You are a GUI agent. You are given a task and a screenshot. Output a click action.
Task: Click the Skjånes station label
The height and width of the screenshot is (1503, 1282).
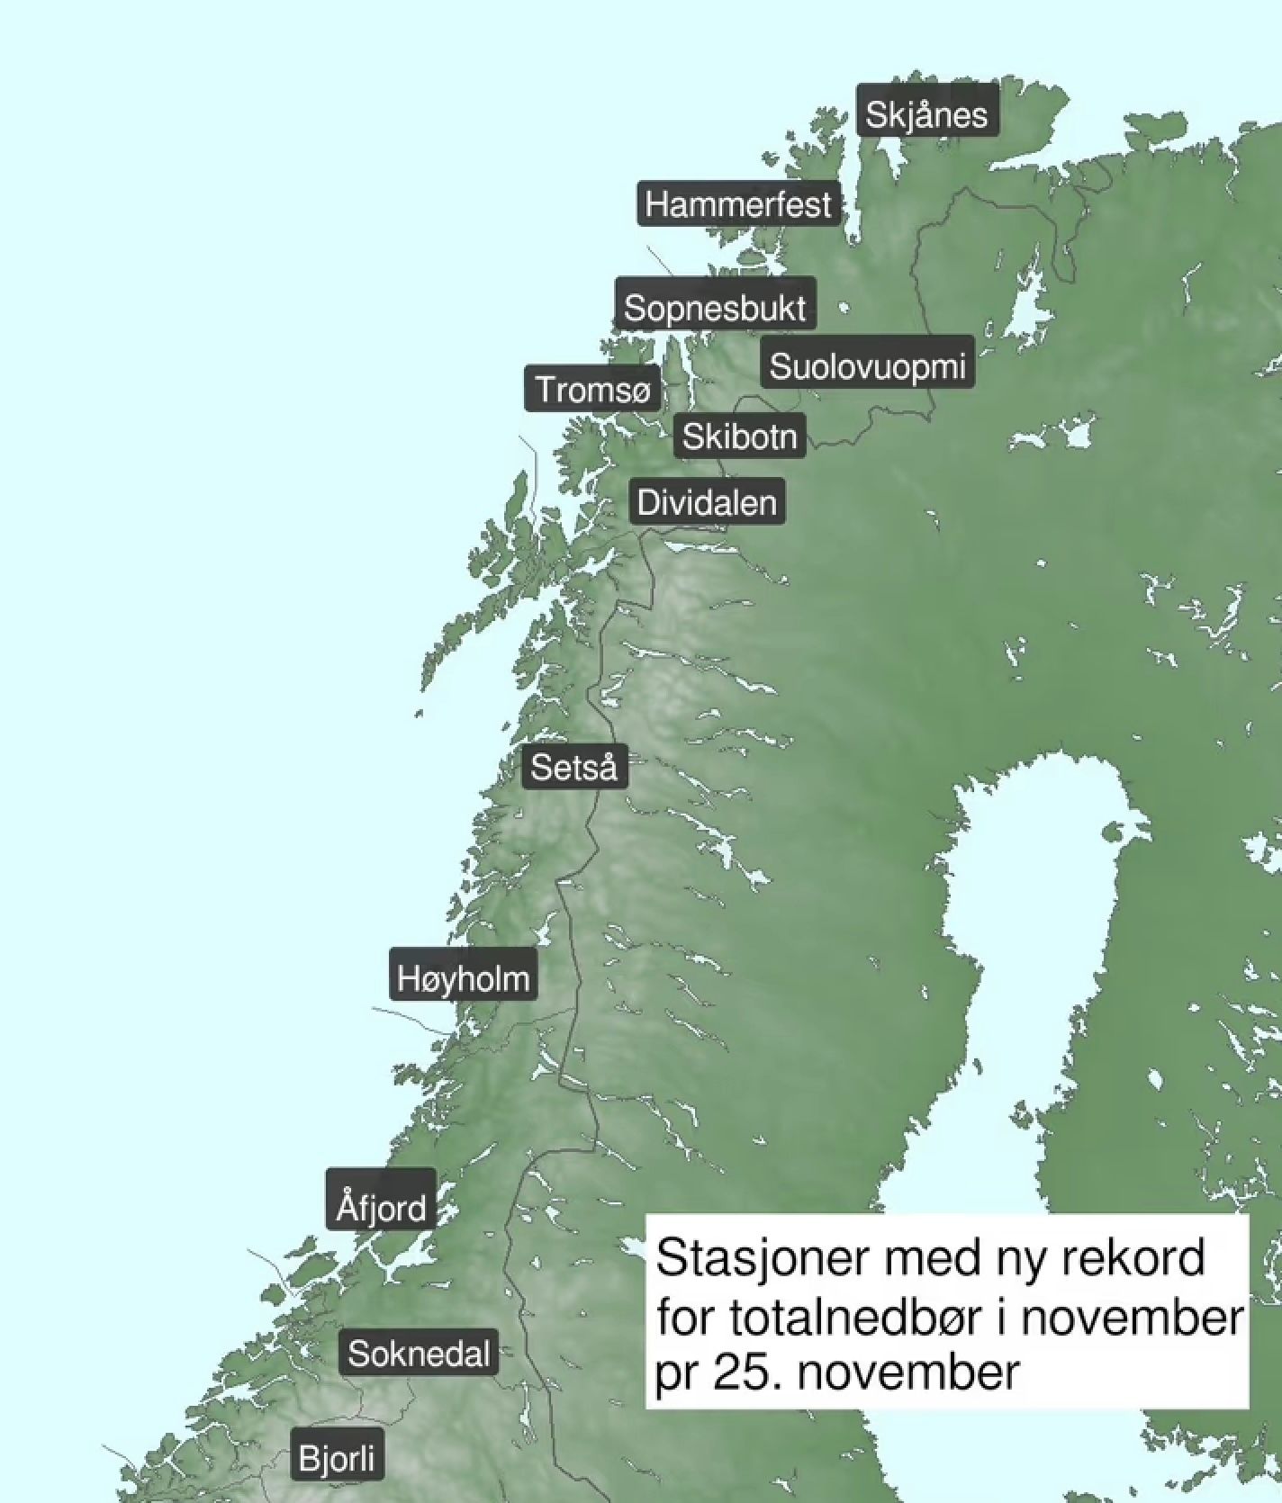[926, 113]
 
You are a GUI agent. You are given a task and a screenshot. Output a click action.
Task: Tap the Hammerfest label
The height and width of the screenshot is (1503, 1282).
[738, 204]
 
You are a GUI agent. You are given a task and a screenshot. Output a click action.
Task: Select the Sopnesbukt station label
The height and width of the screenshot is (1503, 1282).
[715, 308]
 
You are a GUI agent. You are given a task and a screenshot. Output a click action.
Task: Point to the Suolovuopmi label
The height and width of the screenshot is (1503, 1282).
[867, 365]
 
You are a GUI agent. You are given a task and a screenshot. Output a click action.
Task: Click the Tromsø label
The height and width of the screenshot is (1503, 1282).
[592, 390]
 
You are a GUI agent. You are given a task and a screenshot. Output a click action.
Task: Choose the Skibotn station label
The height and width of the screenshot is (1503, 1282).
[739, 436]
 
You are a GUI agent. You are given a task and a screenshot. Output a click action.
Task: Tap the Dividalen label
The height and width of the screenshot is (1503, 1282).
[707, 502]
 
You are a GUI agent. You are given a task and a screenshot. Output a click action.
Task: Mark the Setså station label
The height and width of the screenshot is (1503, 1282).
[574, 768]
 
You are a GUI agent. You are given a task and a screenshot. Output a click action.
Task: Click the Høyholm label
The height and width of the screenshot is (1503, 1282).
[464, 977]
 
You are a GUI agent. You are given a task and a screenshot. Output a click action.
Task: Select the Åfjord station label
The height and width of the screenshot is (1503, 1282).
[381, 1205]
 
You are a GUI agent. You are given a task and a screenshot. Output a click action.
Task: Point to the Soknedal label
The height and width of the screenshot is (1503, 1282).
[420, 1354]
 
